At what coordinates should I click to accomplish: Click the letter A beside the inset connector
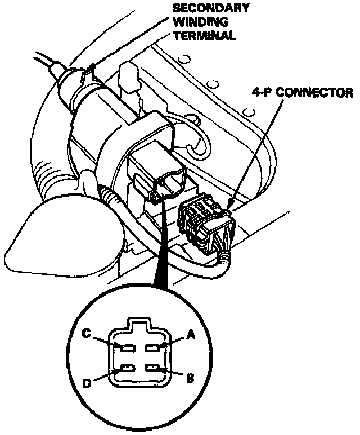(x=190, y=336)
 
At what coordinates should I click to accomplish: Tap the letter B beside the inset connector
(x=190, y=378)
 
